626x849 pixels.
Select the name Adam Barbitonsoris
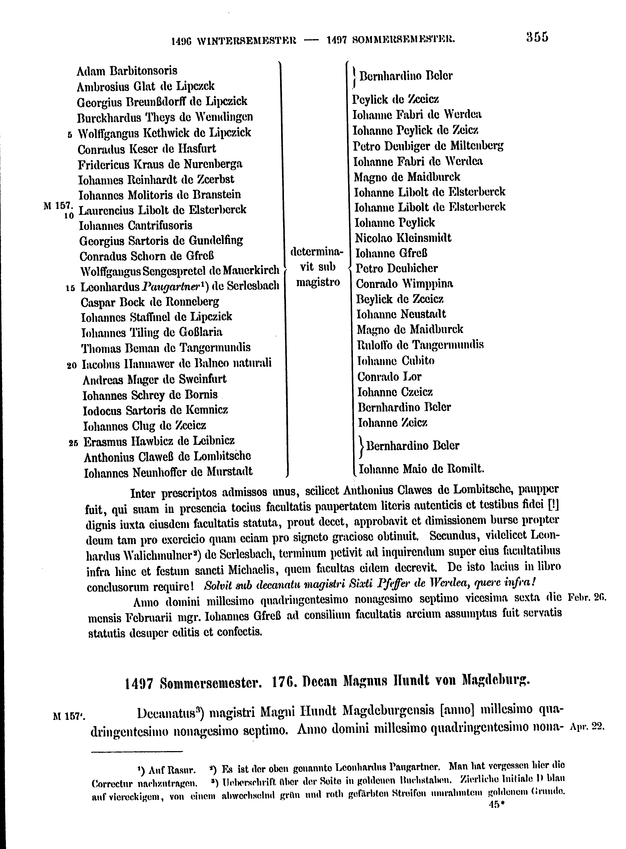[127, 71]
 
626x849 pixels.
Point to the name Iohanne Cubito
[396, 361]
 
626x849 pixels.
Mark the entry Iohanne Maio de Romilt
[421, 469]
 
